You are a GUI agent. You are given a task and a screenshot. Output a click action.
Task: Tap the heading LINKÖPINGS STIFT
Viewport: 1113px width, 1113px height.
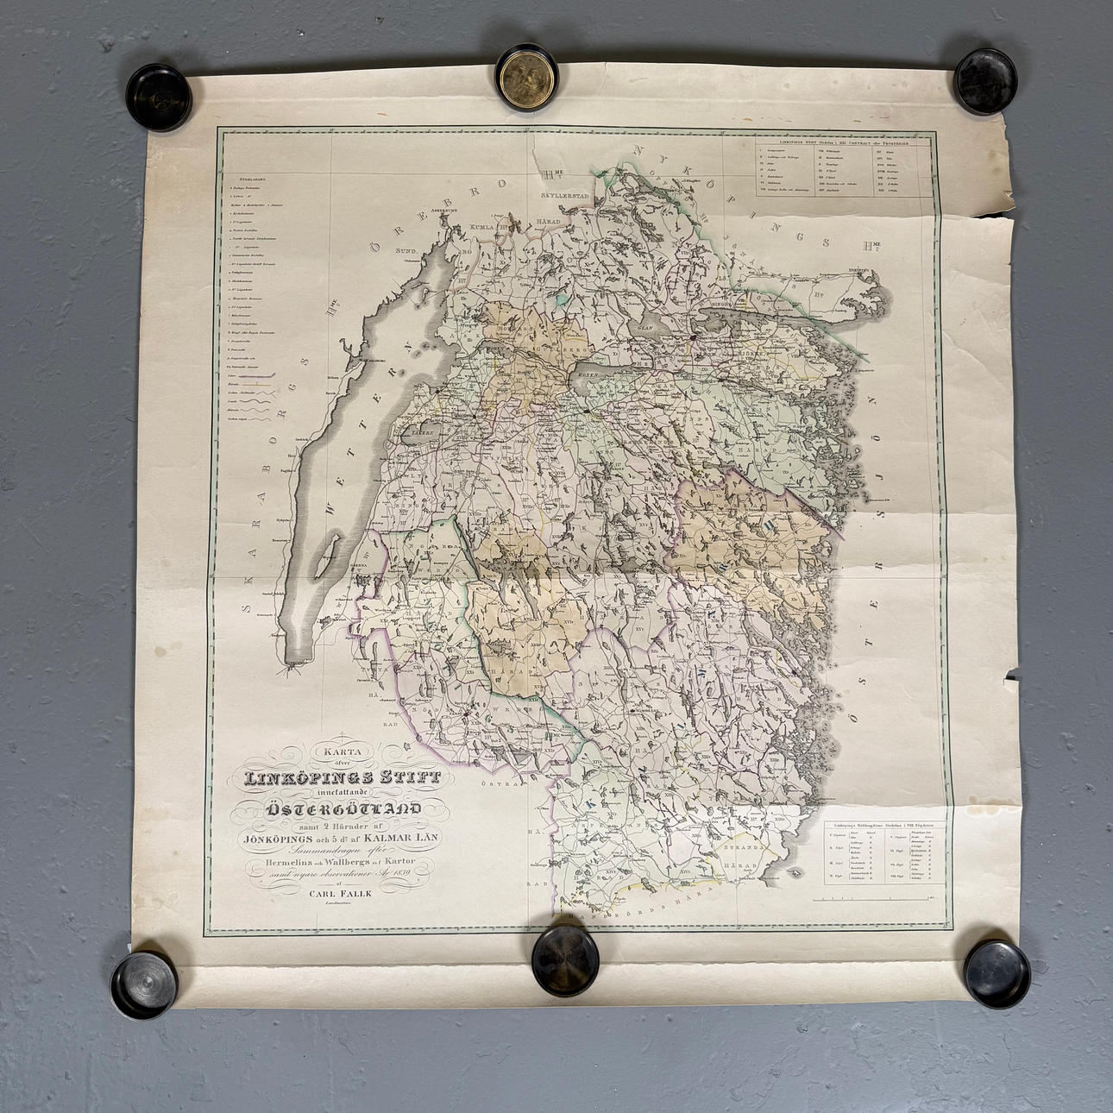[x=343, y=777]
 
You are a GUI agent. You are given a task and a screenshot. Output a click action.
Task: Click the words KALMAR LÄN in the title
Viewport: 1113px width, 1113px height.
[x=410, y=835]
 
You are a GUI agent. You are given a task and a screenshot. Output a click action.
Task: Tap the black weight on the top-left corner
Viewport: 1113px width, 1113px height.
[x=159, y=97]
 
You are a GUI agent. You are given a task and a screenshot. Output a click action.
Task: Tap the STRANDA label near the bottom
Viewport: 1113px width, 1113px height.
[x=739, y=846]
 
